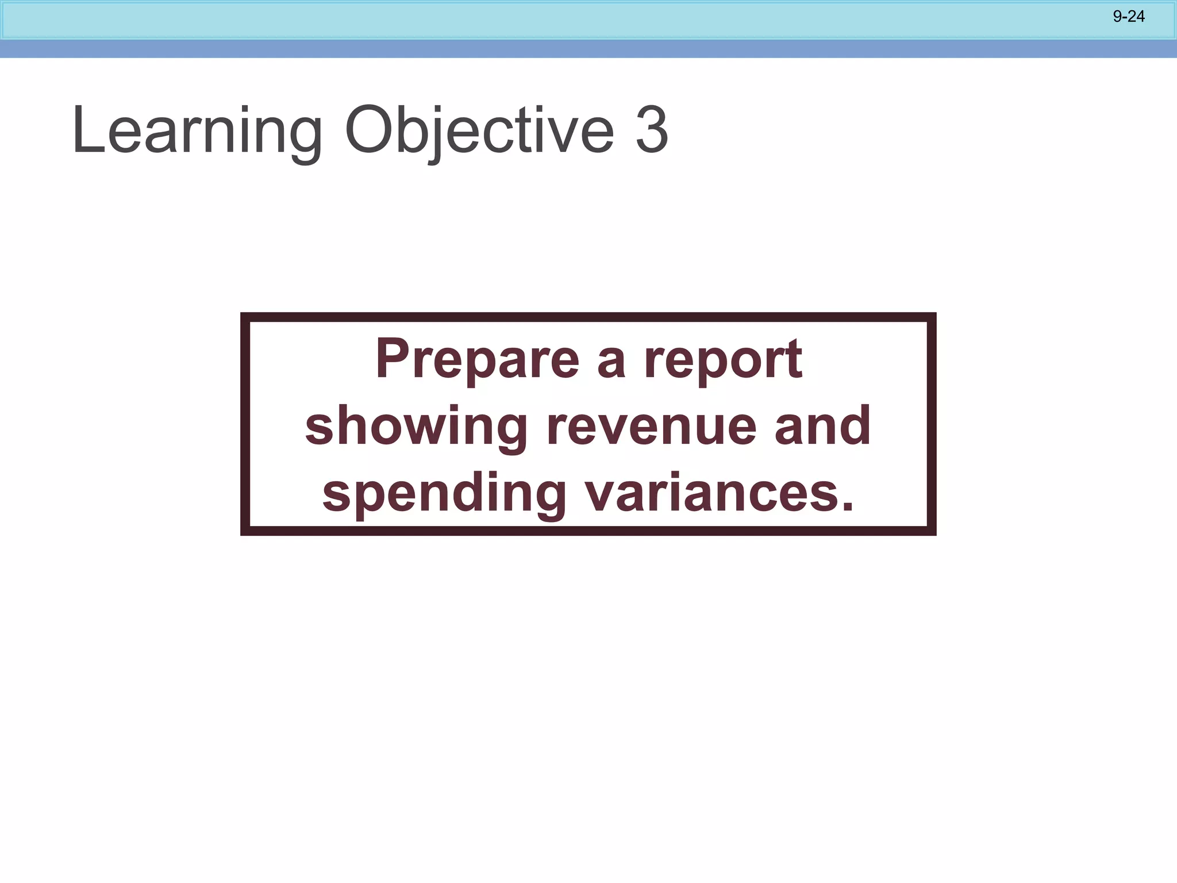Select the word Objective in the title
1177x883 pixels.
tap(479, 131)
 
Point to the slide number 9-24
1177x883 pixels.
tap(1129, 17)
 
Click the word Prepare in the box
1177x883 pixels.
tap(477, 360)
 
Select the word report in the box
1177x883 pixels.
tap(722, 361)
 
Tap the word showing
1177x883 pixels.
tap(416, 427)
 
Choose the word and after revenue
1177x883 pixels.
tap(822, 426)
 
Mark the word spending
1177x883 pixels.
tap(444, 494)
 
